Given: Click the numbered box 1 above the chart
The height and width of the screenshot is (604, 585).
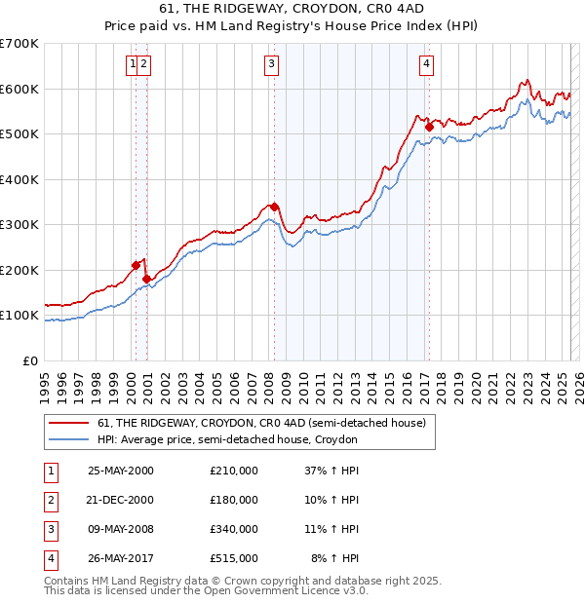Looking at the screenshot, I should (132, 64).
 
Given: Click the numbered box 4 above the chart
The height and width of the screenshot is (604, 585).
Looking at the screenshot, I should (426, 64).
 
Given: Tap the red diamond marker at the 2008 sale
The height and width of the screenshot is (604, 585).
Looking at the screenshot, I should (274, 207).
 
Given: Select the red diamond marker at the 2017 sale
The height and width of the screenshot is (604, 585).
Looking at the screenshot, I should (430, 127).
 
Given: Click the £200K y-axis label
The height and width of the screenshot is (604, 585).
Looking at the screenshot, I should (19, 270).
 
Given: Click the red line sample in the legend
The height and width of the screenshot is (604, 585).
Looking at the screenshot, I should (68, 424).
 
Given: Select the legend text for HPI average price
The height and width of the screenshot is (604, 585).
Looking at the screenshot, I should (227, 440).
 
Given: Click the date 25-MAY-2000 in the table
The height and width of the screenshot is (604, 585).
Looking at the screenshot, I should (121, 471).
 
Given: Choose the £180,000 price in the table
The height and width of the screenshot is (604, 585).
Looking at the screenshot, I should (234, 500).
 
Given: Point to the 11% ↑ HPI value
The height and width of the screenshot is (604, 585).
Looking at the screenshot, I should (332, 529).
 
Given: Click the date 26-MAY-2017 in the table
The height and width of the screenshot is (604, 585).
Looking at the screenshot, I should (121, 559).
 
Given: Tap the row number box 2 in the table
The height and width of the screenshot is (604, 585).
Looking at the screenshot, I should (50, 500).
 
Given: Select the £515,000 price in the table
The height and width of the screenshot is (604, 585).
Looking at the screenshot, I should (234, 559).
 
